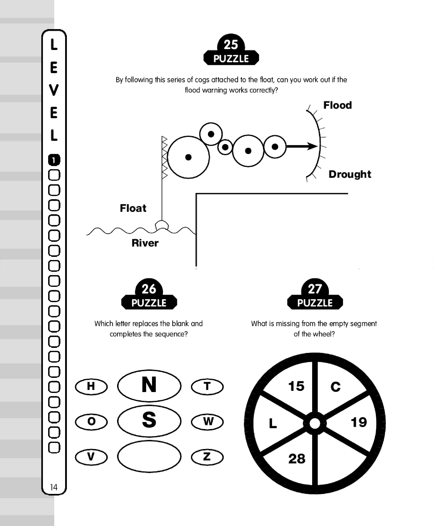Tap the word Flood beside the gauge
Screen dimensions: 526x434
tap(338, 105)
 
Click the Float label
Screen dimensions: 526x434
tap(133, 208)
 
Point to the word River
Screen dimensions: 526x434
tap(145, 243)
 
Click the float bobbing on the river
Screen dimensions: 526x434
tap(162, 225)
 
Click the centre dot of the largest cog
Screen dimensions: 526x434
tap(188, 157)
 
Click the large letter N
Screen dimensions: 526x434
tap(149, 385)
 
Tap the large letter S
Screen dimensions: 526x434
tap(149, 420)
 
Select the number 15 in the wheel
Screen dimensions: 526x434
tap(296, 386)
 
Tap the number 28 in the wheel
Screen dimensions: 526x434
tap(297, 459)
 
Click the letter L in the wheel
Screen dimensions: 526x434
tap(273, 424)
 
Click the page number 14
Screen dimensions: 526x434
tap(54, 487)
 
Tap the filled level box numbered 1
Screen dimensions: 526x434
tap(54, 160)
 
